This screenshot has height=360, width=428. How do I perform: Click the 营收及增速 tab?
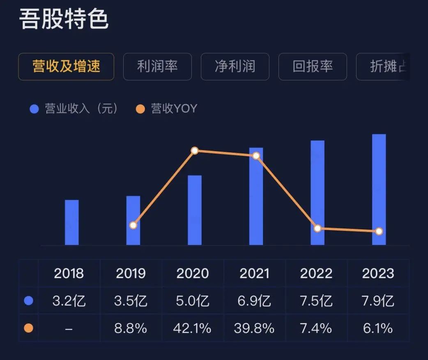(x=66, y=67)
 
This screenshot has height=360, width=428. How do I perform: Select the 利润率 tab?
(x=157, y=67)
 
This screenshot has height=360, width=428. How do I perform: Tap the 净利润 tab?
(x=235, y=67)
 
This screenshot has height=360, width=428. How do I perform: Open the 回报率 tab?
(x=313, y=67)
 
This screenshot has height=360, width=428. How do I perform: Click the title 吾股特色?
(x=64, y=20)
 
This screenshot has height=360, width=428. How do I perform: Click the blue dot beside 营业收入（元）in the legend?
(x=34, y=109)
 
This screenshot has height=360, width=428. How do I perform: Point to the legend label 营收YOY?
(x=174, y=108)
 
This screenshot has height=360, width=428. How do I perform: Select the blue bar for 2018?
(x=72, y=222)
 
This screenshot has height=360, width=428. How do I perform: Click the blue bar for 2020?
(x=195, y=210)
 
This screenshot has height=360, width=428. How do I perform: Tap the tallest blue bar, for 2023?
(x=379, y=189)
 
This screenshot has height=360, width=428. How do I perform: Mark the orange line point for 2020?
(x=195, y=151)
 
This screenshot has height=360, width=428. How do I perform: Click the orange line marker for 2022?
(x=317, y=228)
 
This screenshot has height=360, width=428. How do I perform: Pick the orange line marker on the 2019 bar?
(x=133, y=225)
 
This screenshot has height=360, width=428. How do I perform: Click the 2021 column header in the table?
(x=255, y=274)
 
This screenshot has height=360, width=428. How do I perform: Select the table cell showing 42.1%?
(x=193, y=328)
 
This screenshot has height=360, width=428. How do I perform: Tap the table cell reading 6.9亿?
(x=255, y=301)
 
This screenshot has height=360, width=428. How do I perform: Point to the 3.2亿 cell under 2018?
(x=69, y=301)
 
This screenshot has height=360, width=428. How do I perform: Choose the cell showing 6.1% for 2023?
(x=378, y=328)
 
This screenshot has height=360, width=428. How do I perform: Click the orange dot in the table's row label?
(x=29, y=328)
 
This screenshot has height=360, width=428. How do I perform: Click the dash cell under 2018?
(x=69, y=328)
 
